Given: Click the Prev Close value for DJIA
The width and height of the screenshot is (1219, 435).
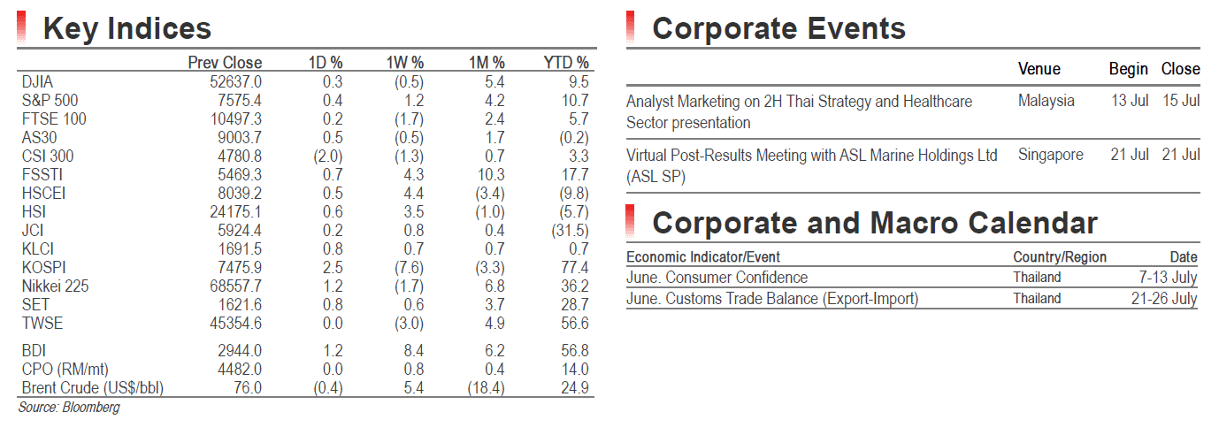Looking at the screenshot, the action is point(235,82).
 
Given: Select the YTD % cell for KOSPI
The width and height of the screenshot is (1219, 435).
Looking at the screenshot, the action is point(575,268).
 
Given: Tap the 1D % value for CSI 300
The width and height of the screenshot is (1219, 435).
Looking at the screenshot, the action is point(328,156).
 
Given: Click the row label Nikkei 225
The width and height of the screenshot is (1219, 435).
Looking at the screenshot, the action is point(55,286).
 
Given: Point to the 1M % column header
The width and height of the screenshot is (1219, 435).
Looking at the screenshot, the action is point(487,63).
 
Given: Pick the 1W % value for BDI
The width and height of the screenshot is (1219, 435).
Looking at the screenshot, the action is point(414,351).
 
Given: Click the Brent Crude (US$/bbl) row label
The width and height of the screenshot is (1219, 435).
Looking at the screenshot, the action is point(93,388).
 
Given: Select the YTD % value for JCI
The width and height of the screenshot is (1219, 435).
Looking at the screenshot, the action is point(570,231).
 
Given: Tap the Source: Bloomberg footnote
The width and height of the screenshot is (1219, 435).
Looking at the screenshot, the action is point(69,408).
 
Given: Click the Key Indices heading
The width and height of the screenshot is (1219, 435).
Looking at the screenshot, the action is point(126,28).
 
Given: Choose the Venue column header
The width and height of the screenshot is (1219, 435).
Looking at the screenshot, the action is point(1039,69).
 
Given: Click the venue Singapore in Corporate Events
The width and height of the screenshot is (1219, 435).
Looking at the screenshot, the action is point(1050,155).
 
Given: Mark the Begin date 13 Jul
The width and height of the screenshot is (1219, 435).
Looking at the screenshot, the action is point(1130,101).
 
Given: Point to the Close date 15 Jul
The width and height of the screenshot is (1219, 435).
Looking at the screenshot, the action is point(1181,101).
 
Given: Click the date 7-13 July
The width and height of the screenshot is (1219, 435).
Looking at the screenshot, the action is point(1168,278).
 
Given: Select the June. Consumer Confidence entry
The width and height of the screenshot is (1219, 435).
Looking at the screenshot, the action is point(717,278).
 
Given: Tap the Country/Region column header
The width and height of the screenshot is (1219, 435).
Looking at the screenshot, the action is point(1060,256).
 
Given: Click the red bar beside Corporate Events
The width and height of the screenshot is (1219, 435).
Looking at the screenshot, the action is point(630,27).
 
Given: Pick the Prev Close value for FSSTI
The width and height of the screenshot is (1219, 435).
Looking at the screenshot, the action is point(240,175).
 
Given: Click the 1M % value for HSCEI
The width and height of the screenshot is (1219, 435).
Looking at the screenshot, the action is point(490,194).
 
